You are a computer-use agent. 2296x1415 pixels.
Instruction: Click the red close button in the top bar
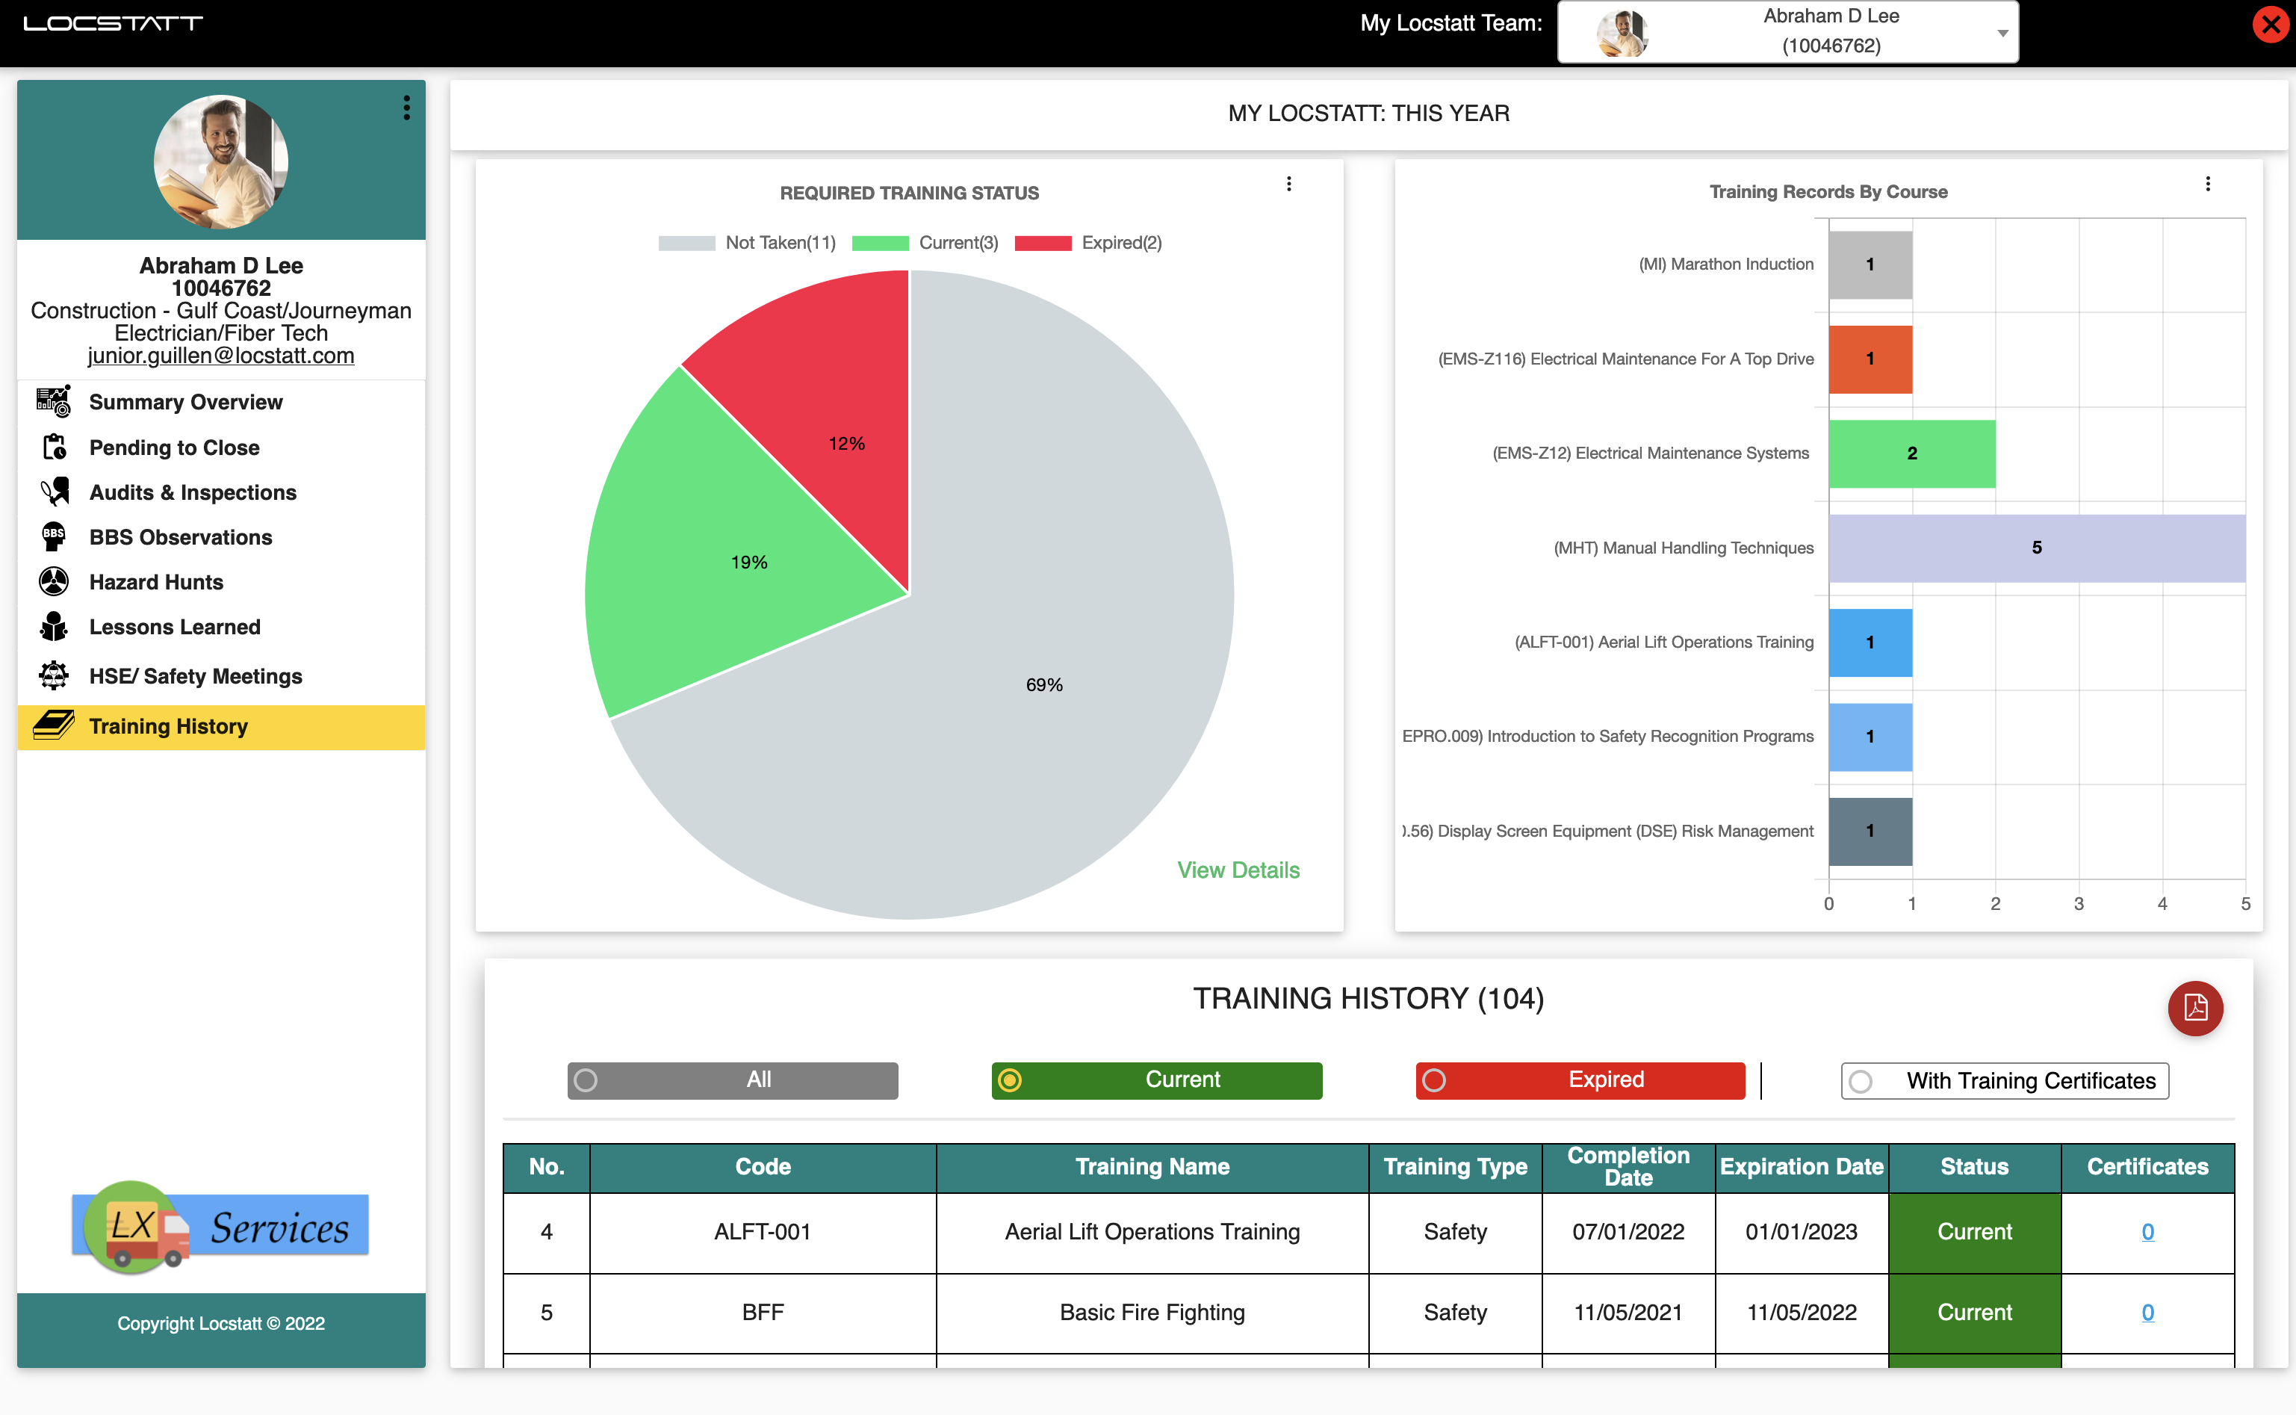[x=2270, y=25]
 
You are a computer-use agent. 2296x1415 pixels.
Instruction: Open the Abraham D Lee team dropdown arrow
[x=2002, y=33]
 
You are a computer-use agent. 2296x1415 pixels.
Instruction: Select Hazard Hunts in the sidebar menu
[x=156, y=582]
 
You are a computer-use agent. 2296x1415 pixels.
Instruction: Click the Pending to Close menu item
[x=174, y=448]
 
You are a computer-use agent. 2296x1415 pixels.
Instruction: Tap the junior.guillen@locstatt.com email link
[x=221, y=356]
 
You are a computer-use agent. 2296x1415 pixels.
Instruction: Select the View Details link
[x=1238, y=870]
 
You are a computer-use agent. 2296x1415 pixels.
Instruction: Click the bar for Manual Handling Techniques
[x=2036, y=548]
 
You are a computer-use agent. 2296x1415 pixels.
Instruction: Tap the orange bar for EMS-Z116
[x=1870, y=359]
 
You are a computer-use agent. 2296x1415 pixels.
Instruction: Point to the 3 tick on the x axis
[x=2078, y=904]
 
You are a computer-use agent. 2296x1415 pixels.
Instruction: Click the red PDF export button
[x=2194, y=1008]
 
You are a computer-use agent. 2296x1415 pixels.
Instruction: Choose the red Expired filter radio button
[x=1434, y=1081]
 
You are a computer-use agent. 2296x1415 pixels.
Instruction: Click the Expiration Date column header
[x=1801, y=1167]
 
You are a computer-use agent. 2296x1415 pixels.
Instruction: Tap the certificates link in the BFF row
[x=2147, y=1312]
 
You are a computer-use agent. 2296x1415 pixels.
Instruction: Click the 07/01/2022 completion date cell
[x=1628, y=1231]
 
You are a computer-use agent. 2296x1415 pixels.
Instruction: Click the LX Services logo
[x=221, y=1226]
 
